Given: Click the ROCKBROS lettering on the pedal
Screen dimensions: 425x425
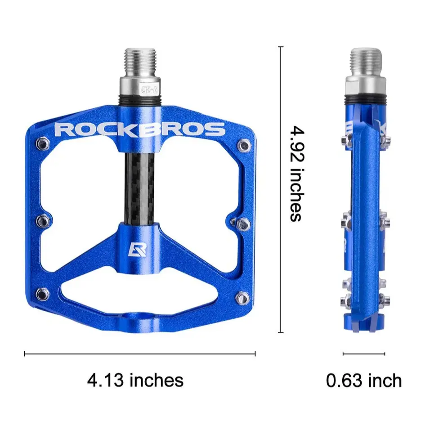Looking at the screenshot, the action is pyautogui.click(x=140, y=130).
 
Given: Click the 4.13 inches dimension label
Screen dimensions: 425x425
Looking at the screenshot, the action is pyautogui.click(x=135, y=380).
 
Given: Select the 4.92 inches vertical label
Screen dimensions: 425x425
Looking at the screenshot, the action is pyautogui.click(x=297, y=174).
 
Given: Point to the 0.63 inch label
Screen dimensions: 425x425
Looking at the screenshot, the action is pyautogui.click(x=364, y=380).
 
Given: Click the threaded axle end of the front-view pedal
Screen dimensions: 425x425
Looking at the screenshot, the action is pyautogui.click(x=140, y=63).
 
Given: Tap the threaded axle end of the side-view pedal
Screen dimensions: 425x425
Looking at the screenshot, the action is pyautogui.click(x=366, y=63).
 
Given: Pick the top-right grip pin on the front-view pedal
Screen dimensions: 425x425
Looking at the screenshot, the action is pyautogui.click(x=243, y=146).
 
